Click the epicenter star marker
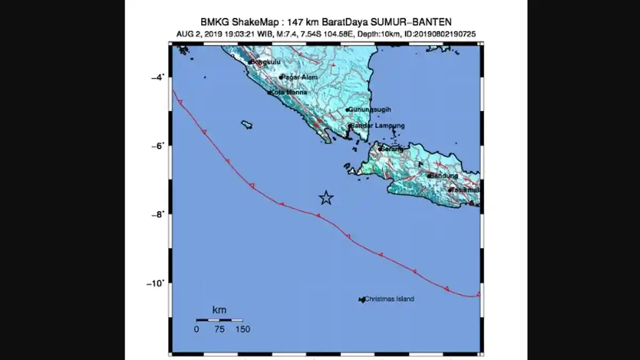[326, 198]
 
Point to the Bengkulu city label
[266, 62]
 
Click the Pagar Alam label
[300, 77]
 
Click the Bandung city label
[443, 175]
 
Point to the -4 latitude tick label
[159, 77]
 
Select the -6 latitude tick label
[159, 146]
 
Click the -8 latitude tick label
[159, 214]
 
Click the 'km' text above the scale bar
[219, 310]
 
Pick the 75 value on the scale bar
[219, 330]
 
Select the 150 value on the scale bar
[242, 330]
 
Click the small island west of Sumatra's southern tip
[246, 124]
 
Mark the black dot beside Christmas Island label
[362, 300]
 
